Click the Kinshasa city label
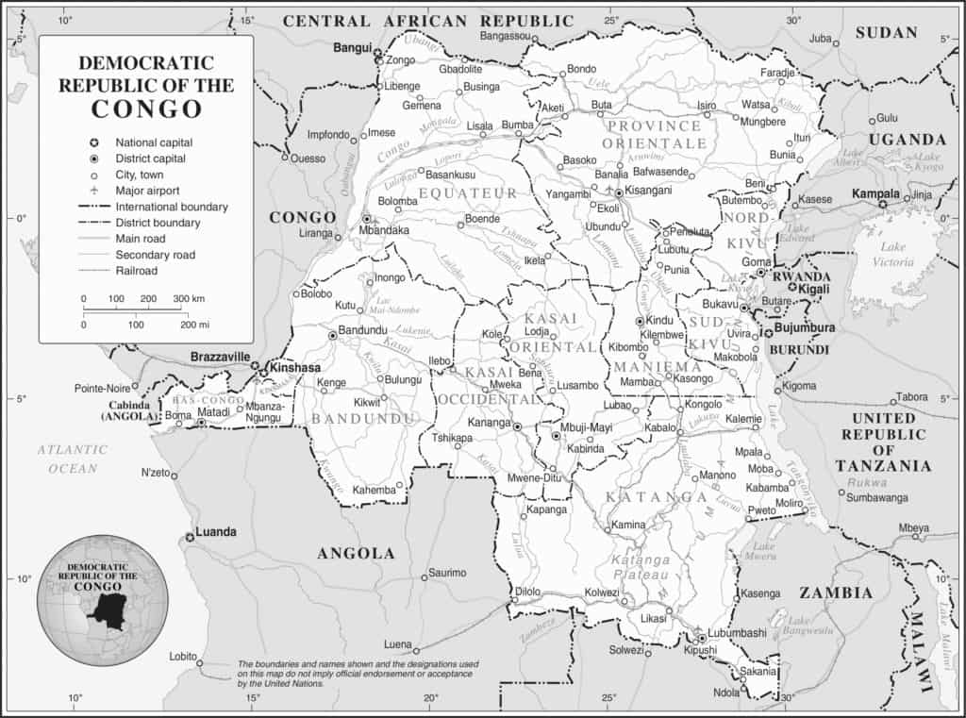tap(294, 368)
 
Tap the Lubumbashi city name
tap(739, 633)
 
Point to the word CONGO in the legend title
tap(146, 109)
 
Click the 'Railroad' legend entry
tap(136, 271)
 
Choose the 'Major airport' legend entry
tap(148, 191)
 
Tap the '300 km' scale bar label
tap(189, 298)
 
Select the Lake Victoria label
tap(892, 254)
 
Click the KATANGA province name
tap(657, 496)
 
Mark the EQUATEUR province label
tap(469, 193)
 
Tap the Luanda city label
tap(216, 532)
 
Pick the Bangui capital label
tap(353, 46)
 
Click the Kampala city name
tap(874, 193)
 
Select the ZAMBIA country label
tap(836, 593)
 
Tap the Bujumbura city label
tap(805, 328)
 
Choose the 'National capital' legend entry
tap(153, 142)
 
